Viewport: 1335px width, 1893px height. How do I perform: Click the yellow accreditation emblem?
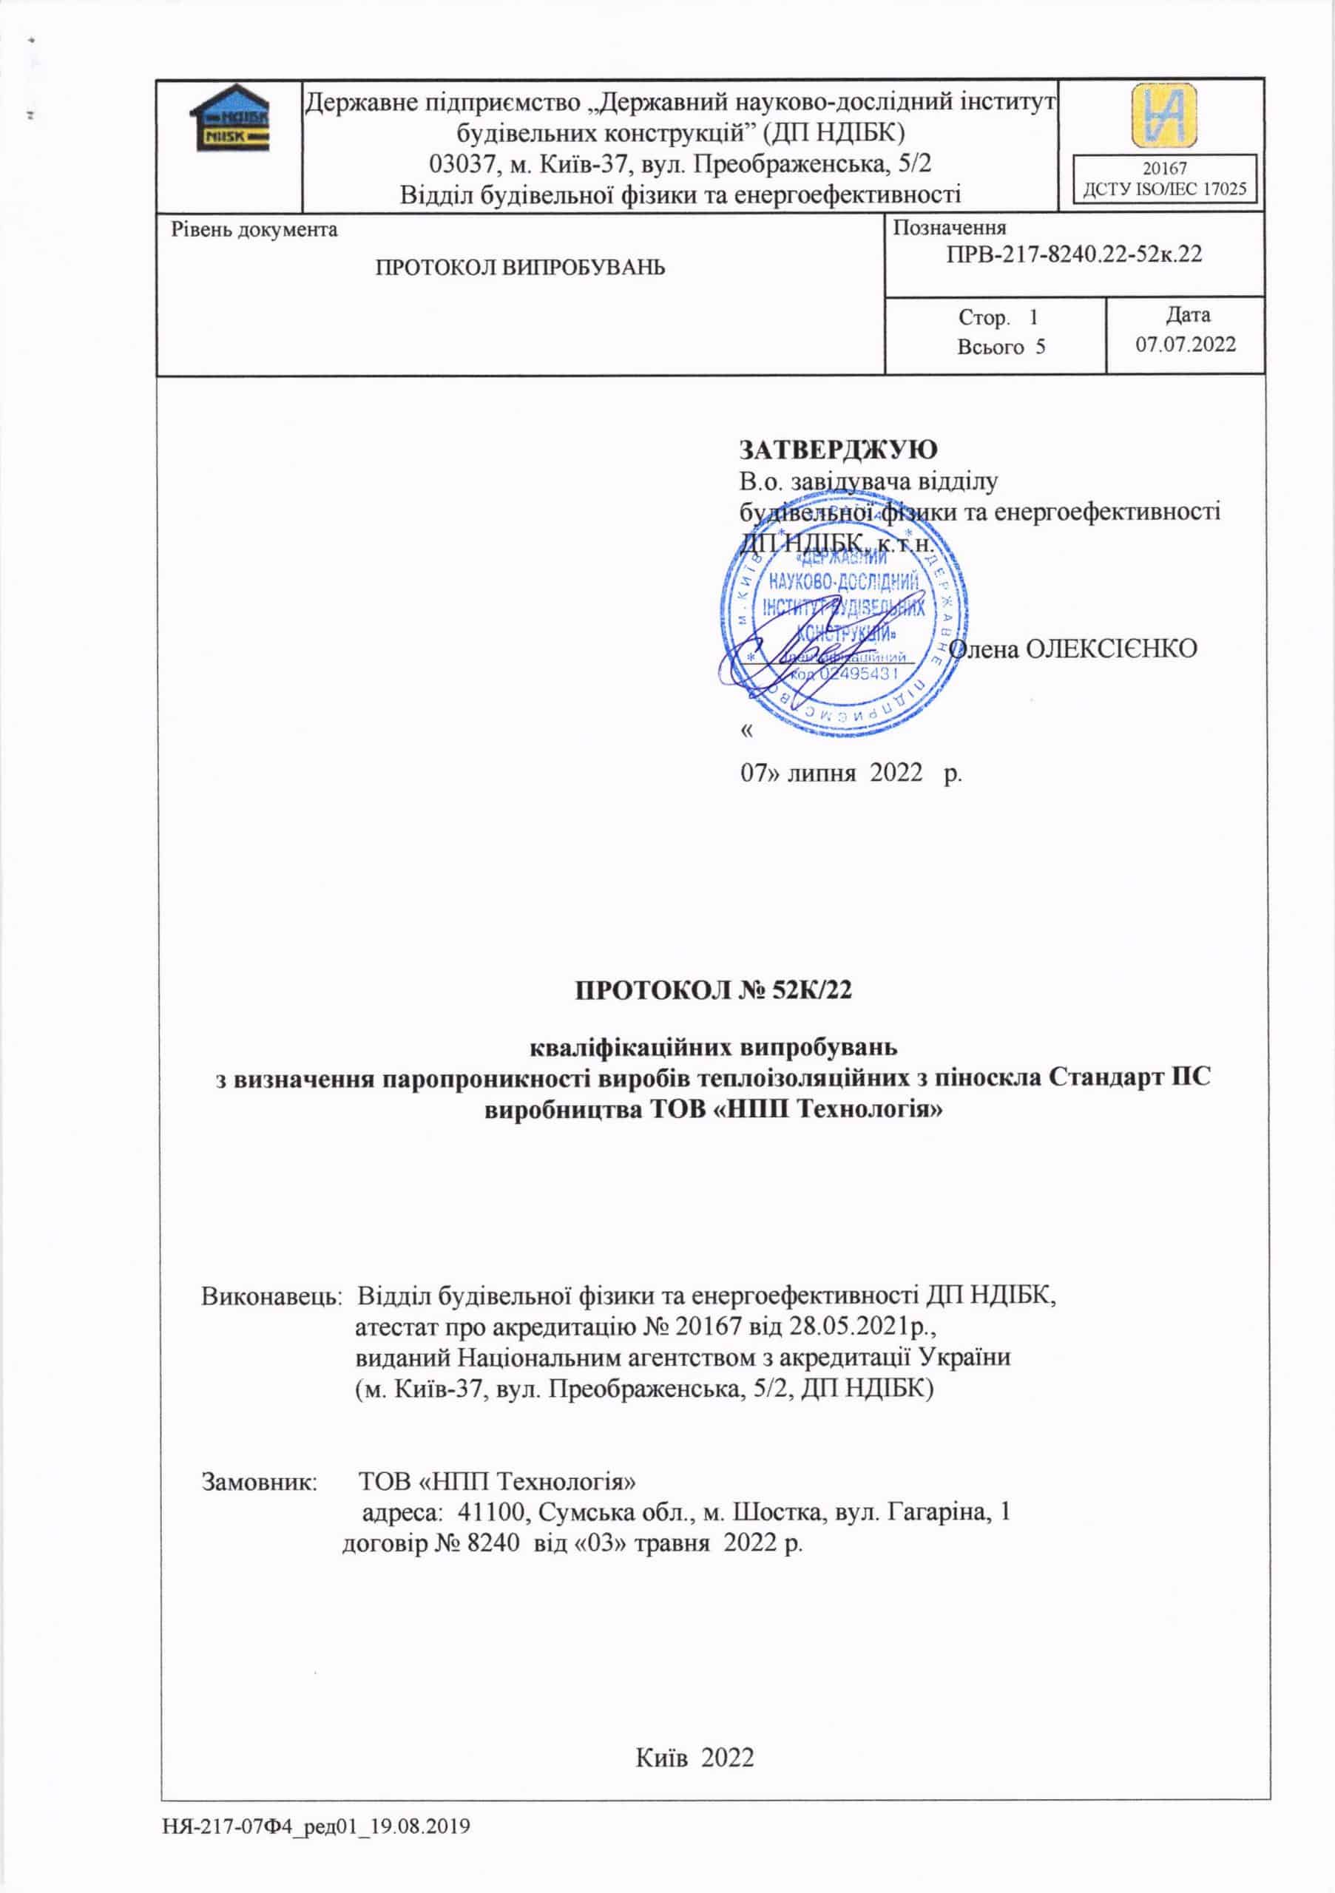[1164, 115]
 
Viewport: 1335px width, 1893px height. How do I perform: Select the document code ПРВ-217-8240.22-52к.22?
[1074, 254]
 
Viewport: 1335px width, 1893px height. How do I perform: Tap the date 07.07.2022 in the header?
[1186, 345]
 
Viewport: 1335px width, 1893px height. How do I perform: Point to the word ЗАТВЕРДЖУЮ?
[838, 450]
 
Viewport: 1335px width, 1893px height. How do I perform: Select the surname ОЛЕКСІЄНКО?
[1110, 649]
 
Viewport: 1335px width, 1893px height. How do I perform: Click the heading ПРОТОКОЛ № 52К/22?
[713, 989]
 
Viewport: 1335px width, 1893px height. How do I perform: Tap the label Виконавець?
[271, 1296]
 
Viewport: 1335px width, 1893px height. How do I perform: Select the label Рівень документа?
[254, 229]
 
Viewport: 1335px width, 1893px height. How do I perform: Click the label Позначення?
[949, 228]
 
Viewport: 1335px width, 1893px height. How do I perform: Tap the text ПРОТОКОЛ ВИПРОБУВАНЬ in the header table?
[520, 268]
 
